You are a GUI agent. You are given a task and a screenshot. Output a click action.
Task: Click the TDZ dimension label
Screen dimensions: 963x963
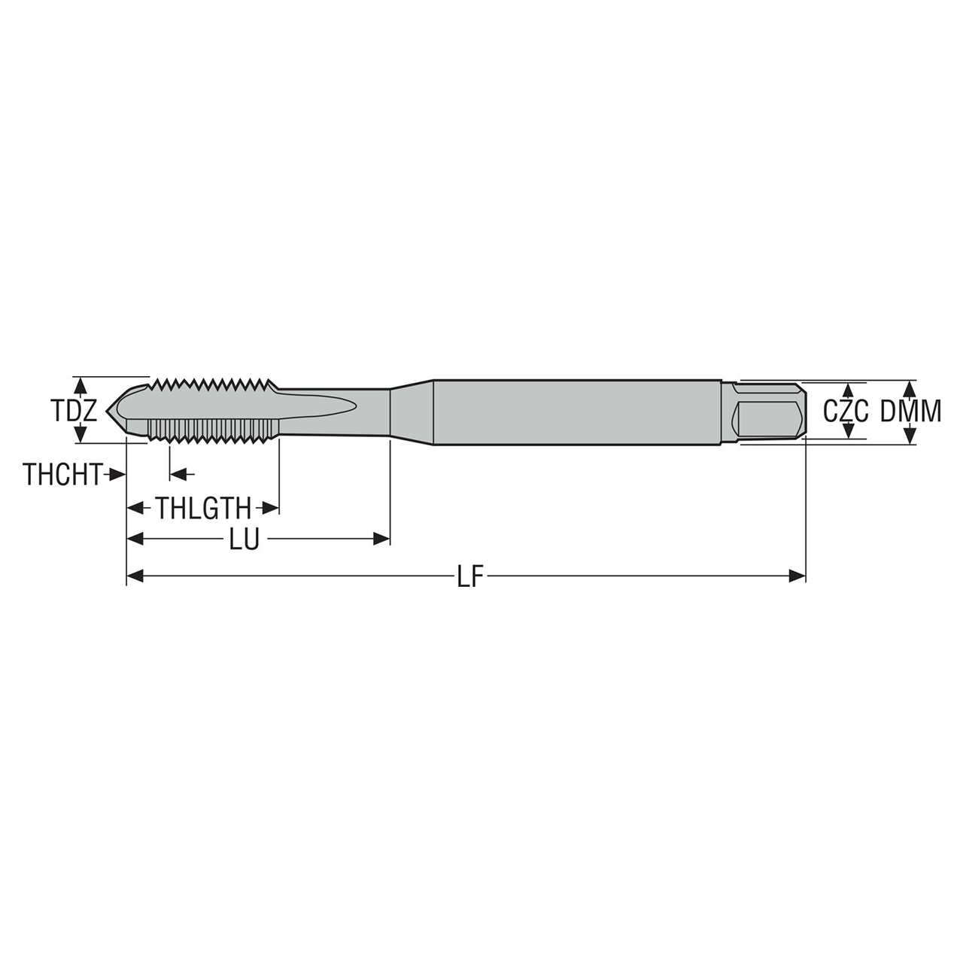[x=74, y=411]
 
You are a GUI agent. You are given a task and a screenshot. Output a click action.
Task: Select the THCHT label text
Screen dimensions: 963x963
[x=62, y=475]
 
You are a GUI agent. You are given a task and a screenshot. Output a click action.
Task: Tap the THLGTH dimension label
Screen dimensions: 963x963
[x=203, y=509]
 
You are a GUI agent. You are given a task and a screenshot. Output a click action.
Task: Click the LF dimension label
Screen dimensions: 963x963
[x=470, y=577]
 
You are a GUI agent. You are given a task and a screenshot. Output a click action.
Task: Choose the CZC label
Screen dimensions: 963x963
[x=846, y=412]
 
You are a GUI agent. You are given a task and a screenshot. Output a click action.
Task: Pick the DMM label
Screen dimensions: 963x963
[x=911, y=412]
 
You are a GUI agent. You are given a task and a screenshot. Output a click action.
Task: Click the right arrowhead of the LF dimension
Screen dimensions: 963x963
[x=797, y=576]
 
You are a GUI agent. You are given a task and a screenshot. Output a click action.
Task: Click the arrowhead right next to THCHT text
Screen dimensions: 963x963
[x=117, y=474]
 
